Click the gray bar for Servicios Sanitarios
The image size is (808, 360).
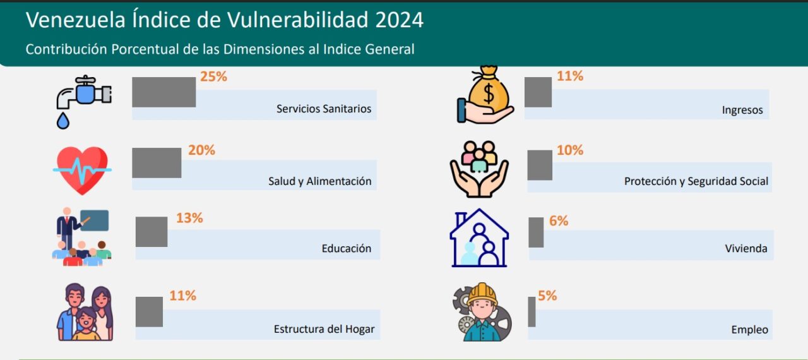163,92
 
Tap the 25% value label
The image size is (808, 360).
213,76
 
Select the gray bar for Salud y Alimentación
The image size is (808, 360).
157,163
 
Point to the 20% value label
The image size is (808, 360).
201,150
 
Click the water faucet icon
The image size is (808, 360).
84,102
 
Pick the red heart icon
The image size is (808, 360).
82,171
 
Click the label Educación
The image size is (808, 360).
347,249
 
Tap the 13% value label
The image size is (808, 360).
189,218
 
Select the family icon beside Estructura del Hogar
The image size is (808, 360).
85,312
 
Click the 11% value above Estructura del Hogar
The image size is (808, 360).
183,296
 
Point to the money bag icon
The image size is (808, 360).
485,95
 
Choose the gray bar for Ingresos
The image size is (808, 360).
538,92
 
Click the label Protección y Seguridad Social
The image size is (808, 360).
696,181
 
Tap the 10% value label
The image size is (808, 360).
570,150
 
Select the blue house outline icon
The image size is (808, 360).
479,238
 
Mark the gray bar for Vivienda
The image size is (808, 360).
536,232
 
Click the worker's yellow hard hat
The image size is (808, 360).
482,294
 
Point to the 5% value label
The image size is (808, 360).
547,296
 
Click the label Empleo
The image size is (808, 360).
749,330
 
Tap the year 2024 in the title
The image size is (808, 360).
400,20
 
